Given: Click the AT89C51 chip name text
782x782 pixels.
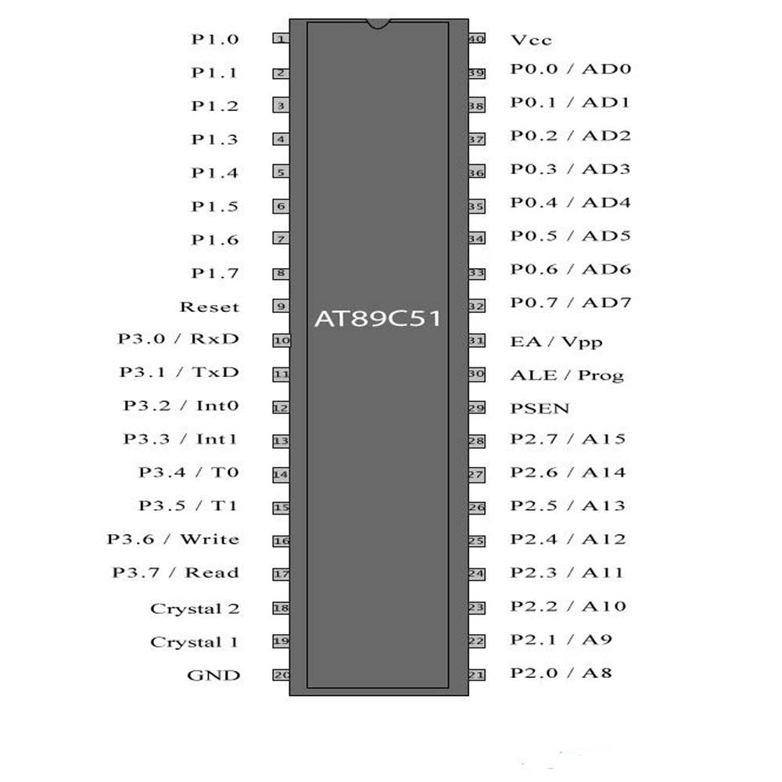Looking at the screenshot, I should [x=377, y=319].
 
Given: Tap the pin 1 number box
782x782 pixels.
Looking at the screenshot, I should [x=281, y=38].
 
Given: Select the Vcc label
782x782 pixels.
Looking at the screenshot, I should [x=531, y=40].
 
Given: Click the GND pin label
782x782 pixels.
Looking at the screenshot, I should [x=213, y=676].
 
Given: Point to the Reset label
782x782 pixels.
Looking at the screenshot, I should [x=209, y=307].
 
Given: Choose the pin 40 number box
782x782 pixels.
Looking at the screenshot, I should [x=476, y=38].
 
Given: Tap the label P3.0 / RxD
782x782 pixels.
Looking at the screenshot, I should [x=178, y=339].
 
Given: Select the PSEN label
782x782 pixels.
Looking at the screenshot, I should [x=540, y=408].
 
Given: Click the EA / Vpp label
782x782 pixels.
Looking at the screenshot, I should [x=556, y=342].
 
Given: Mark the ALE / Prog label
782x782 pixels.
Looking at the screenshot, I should [x=567, y=375].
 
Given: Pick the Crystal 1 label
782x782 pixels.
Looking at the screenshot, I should [x=194, y=642].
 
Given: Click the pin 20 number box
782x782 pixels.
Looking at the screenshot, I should [x=281, y=675].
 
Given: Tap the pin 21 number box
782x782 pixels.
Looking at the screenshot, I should [x=476, y=675].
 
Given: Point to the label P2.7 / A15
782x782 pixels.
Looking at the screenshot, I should [x=568, y=439].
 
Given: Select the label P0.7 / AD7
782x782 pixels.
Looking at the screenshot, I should [x=570, y=303].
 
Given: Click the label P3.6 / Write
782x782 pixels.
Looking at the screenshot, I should [x=173, y=539].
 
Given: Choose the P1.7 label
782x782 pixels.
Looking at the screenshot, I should [x=215, y=273].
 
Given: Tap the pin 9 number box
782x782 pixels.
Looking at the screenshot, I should [x=281, y=307].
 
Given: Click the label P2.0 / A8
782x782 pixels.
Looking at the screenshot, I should [x=561, y=673].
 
